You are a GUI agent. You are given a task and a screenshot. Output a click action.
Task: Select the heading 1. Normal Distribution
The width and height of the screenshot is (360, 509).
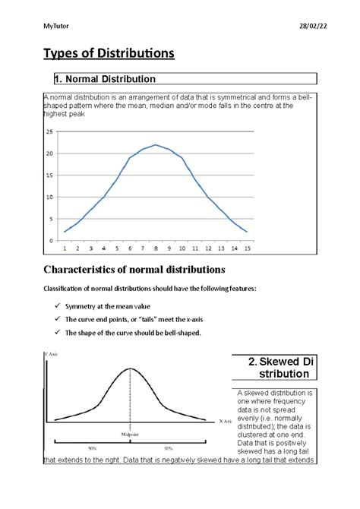point(105,79)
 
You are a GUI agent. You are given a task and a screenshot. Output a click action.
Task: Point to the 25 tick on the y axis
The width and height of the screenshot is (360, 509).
point(49,131)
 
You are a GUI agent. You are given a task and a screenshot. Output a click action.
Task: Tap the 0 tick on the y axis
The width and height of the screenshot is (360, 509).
point(51,241)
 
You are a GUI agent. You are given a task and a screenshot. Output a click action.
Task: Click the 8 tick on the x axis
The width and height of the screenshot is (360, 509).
point(156,248)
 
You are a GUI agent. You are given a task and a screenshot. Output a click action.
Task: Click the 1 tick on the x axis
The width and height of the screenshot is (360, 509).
point(65,248)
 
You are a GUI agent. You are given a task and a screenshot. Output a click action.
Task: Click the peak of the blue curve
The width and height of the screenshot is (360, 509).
point(156,144)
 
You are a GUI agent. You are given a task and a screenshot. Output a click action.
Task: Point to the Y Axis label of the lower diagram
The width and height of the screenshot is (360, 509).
point(52,355)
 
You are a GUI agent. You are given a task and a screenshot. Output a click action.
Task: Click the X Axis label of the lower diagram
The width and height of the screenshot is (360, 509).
point(225,421)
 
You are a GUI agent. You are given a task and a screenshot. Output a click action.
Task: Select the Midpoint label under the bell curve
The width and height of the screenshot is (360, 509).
point(129,434)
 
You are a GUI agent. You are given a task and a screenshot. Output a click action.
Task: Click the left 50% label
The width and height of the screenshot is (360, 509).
point(91,448)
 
